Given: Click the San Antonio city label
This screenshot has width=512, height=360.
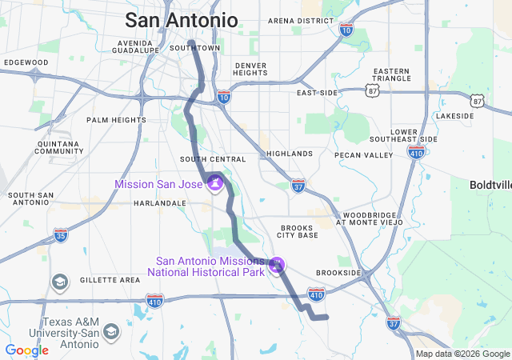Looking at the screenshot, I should [182, 20].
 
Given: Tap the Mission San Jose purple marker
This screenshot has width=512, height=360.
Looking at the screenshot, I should [214, 186].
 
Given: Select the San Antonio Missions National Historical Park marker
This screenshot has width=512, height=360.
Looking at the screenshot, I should [277, 263].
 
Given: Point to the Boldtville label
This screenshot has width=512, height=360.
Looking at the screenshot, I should [490, 185].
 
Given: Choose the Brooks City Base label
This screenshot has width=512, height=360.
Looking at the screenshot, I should [298, 231].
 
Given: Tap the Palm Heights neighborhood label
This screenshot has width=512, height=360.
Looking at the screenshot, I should [116, 120].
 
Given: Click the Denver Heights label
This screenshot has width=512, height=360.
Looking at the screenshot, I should [250, 69].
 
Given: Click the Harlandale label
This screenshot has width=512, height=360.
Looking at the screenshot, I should [160, 203].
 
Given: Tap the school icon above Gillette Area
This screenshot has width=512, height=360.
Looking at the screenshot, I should [60, 282].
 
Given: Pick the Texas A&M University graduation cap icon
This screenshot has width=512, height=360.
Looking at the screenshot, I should [110, 331].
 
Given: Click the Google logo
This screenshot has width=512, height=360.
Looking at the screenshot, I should [26, 350].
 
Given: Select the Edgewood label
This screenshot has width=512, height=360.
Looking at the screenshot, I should [26, 62].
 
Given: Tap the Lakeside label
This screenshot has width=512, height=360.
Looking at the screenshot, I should [455, 116].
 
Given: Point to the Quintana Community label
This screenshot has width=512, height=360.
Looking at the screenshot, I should [60, 147].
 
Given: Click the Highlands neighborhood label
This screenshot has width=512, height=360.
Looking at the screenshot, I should [290, 154].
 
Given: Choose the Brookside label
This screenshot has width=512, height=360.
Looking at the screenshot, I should [338, 273].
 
